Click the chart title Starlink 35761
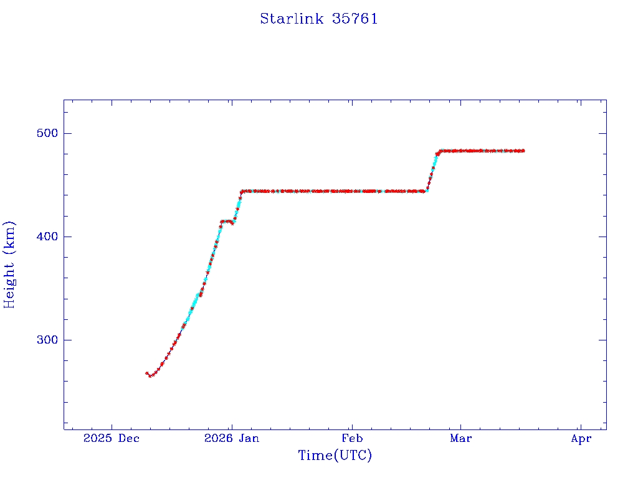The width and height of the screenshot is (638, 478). click(x=318, y=19)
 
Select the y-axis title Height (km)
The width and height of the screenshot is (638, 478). click(x=10, y=264)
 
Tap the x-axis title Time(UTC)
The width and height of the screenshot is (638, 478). click(x=335, y=456)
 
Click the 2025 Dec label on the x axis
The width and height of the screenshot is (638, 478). click(x=112, y=439)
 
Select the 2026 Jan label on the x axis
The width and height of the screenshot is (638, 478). click(x=231, y=439)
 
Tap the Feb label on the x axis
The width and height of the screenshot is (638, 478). click(x=352, y=439)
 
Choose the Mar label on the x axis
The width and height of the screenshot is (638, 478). click(x=461, y=439)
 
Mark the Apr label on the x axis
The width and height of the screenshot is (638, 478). click(x=581, y=439)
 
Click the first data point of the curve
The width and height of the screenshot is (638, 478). click(x=147, y=373)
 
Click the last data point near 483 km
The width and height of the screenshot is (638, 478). click(x=523, y=151)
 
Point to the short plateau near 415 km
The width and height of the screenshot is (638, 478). click(x=227, y=222)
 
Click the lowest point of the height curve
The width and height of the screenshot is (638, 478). click(x=150, y=375)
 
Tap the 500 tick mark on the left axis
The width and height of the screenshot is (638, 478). click(x=67, y=133)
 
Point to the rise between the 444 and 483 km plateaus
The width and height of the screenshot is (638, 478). click(x=432, y=171)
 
